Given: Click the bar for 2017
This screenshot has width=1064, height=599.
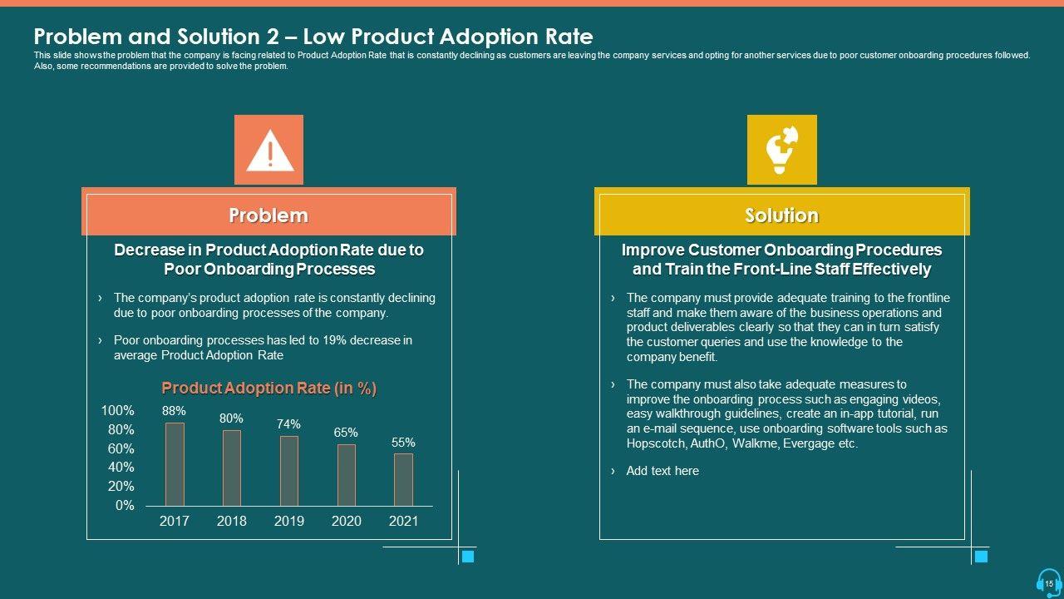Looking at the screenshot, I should coord(175,464).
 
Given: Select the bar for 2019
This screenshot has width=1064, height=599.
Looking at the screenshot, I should coord(289,471).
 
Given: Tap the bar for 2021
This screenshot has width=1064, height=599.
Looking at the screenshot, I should coord(403,479).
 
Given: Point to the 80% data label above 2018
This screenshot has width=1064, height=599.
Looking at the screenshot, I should coord(231,418).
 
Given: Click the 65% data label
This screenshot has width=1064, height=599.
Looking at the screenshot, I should coord(346,433).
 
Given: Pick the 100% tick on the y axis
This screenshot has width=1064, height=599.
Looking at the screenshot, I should coord(117,411).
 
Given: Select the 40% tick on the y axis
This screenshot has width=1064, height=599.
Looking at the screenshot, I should coord(121,468).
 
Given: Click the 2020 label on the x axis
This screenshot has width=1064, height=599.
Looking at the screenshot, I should coord(347,522).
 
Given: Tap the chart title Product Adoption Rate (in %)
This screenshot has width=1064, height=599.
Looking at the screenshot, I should coord(268,389).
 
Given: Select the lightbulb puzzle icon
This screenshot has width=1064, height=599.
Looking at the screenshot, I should coord(781,150).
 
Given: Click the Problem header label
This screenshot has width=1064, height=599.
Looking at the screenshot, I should coord(268,215).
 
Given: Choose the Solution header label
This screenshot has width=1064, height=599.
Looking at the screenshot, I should coord(781,215).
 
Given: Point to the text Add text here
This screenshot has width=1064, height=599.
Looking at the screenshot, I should coord(663,471).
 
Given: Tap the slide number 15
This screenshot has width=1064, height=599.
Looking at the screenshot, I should coord(1049,584).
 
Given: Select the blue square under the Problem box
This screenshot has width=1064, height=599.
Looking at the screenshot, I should coord(468,557).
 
